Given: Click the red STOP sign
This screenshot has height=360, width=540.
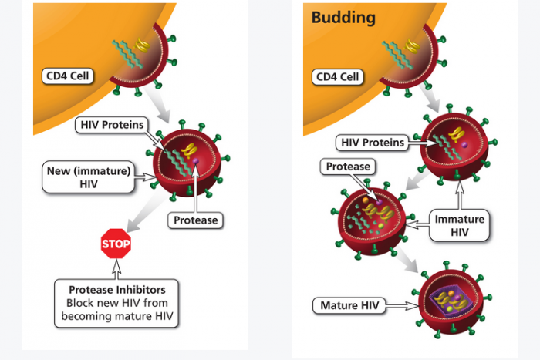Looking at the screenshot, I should (x=116, y=244).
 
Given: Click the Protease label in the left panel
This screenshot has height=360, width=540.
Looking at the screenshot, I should (x=196, y=220).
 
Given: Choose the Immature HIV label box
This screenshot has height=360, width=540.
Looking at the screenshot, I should (x=461, y=225).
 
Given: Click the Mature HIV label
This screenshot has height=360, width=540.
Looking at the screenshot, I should (x=348, y=306).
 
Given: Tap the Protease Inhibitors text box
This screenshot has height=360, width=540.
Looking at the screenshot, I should (x=116, y=303).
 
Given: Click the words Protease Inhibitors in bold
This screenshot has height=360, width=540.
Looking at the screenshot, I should (x=116, y=290).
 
